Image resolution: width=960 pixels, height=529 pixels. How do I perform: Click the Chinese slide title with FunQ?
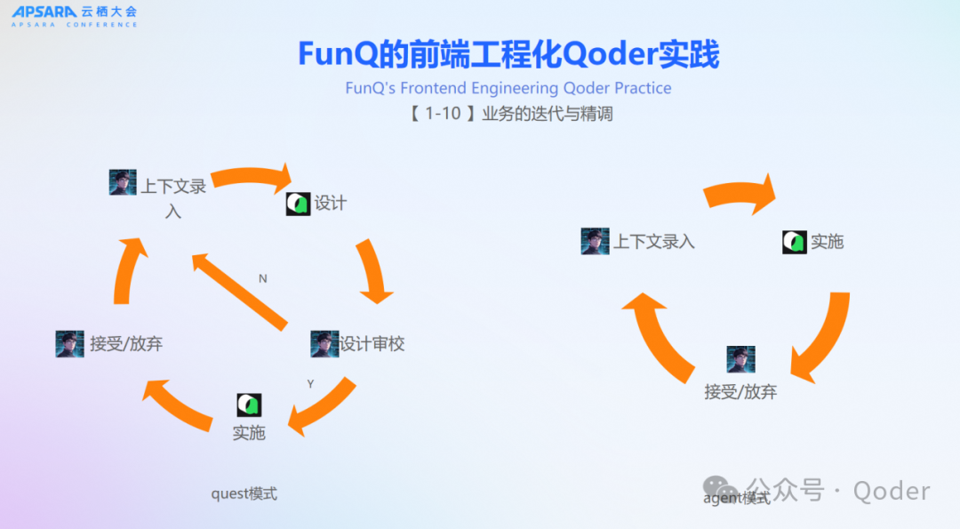click(508, 55)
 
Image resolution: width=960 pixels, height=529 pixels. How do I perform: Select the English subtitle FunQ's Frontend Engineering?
click(508, 88)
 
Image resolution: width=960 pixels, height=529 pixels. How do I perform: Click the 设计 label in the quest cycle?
click(330, 204)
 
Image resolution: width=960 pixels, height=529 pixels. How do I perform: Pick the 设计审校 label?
click(372, 344)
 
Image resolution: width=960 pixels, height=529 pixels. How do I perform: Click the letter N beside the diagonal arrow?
click(263, 278)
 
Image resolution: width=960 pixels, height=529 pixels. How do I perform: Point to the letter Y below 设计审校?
click(310, 384)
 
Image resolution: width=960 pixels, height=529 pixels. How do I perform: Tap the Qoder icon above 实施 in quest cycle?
click(249, 405)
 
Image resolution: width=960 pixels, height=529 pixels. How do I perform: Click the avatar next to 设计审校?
click(324, 344)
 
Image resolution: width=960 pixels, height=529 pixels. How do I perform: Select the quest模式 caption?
click(244, 493)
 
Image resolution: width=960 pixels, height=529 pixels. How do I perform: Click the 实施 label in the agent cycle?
click(827, 242)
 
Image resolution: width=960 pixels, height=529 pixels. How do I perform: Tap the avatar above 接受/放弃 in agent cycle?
click(740, 360)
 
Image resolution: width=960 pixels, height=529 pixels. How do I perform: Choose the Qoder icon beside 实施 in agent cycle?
click(795, 242)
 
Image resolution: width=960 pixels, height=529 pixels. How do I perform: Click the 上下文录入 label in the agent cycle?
click(653, 242)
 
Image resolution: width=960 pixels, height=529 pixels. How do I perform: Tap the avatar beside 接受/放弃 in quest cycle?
click(69, 344)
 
